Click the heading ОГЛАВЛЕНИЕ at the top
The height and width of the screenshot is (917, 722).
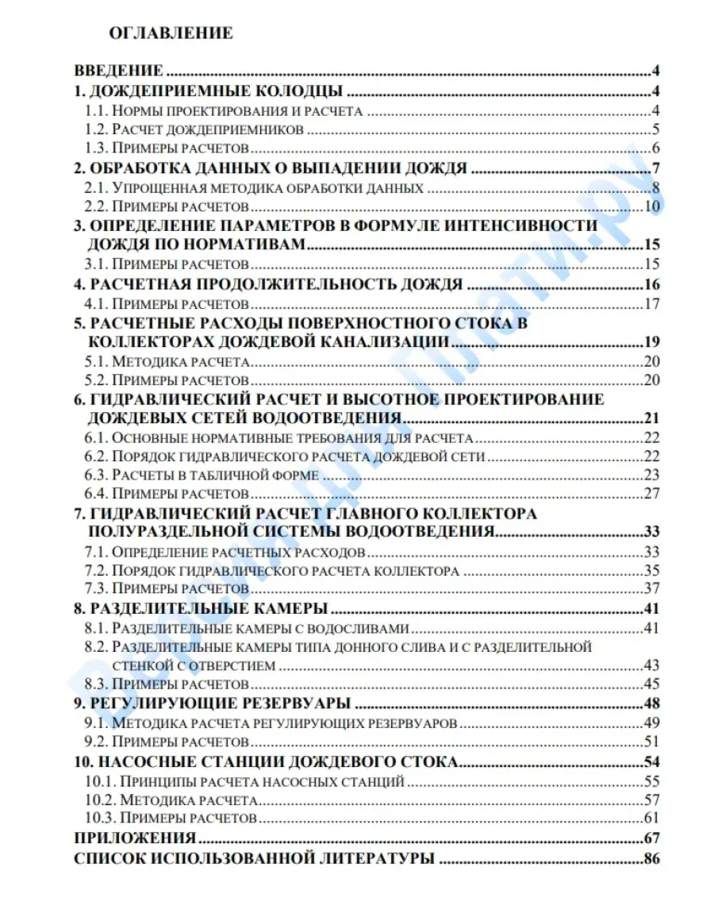[x=171, y=33]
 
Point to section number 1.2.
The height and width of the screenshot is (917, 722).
[x=95, y=130]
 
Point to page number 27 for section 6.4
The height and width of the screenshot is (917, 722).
[x=652, y=495]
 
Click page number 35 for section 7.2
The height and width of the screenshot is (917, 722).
[x=652, y=571]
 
